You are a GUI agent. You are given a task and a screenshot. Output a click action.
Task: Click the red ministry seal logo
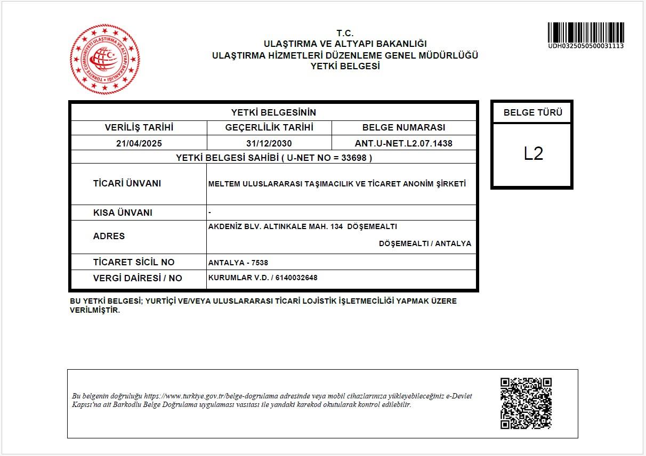tap(105, 59)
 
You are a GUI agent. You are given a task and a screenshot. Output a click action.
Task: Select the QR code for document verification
tap(526, 403)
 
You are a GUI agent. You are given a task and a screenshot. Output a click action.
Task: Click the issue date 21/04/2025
tap(139, 143)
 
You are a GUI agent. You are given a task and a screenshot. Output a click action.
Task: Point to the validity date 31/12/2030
tap(269, 143)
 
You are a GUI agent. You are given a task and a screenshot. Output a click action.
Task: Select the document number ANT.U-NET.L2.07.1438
tap(403, 143)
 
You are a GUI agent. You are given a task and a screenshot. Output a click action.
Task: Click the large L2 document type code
tap(533, 154)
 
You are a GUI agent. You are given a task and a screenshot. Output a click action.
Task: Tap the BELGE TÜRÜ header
tap(533, 112)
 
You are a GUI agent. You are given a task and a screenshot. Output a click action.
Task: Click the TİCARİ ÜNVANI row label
tap(127, 183)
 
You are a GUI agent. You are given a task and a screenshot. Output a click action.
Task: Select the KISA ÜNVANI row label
tap(123, 213)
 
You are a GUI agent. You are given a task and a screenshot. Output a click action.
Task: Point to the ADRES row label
tap(109, 236)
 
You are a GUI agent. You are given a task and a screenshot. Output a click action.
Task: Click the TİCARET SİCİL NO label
tap(134, 262)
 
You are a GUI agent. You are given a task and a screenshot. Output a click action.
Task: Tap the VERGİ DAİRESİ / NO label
tap(138, 278)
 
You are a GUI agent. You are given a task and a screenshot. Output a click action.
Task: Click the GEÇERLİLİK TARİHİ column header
tap(269, 127)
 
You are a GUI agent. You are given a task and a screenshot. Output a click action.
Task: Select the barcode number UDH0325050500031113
tap(586, 46)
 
